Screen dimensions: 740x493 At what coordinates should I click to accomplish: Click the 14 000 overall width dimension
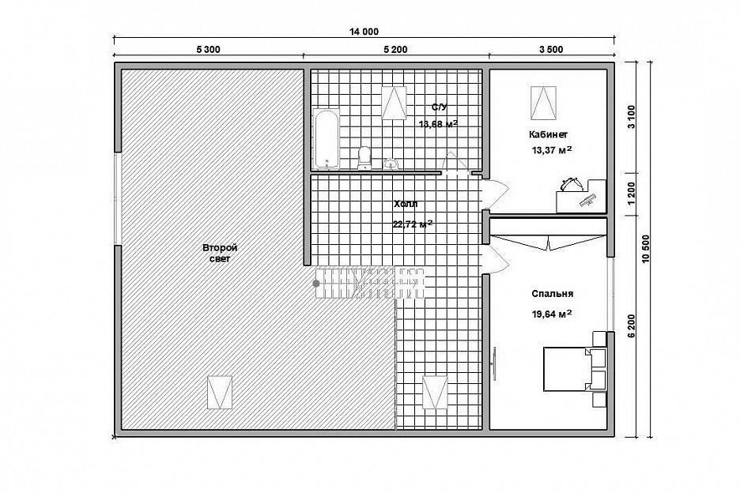pos(364,32)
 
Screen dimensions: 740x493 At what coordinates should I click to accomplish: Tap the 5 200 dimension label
pos(395,50)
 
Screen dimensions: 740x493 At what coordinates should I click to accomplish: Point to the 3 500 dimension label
pos(551,50)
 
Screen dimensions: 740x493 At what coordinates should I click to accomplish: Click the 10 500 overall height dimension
pos(646,249)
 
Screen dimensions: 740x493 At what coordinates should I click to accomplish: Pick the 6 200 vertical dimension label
pos(632,326)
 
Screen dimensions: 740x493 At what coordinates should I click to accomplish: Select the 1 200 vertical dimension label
pos(632,193)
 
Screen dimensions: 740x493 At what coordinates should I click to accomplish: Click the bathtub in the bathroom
pos(326,139)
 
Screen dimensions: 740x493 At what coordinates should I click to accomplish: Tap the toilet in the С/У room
pos(364,157)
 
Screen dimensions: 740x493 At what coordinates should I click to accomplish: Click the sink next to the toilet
pos(391,164)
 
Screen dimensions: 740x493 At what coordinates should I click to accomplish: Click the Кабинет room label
pos(549,134)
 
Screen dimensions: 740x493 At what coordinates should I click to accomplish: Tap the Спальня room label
pos(553,294)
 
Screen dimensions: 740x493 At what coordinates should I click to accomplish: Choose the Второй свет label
pos(220,254)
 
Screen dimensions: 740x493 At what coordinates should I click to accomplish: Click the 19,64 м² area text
pos(552,314)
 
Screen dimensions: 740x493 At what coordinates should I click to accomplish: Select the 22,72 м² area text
pos(413,224)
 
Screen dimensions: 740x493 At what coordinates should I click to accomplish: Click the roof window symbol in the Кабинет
pos(543,103)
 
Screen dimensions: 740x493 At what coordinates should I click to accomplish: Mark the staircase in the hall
pos(369,283)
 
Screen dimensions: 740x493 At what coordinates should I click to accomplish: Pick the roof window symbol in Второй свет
pos(220,393)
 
